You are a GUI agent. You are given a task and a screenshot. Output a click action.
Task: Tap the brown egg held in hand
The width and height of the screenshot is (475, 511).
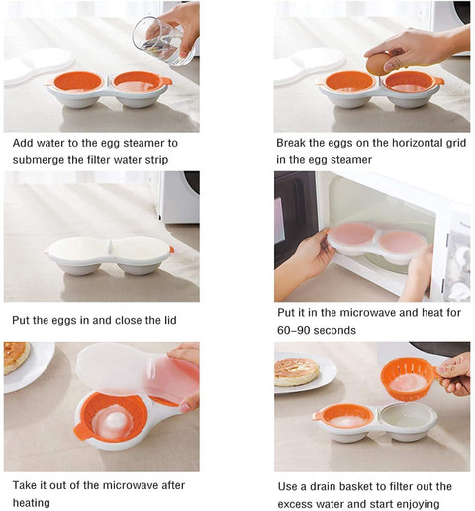click(378, 64)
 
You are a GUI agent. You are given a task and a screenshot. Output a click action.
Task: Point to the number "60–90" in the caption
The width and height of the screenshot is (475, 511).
click(292, 330)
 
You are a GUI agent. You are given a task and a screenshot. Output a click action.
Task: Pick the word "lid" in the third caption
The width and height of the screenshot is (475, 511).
click(170, 320)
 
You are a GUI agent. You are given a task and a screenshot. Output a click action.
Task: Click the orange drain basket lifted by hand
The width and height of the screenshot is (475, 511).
click(409, 379)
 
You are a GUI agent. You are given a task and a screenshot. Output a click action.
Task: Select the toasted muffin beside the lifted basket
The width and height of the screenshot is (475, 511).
click(297, 372)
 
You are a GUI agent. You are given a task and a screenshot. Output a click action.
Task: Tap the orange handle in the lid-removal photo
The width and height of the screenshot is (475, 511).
click(81, 431)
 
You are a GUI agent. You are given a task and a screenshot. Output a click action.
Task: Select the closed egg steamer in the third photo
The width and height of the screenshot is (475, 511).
click(109, 255)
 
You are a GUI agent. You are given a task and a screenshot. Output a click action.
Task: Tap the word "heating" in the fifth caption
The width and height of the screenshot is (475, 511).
click(32, 503)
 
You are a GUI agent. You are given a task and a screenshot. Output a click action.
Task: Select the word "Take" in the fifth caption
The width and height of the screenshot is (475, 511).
click(25, 485)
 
